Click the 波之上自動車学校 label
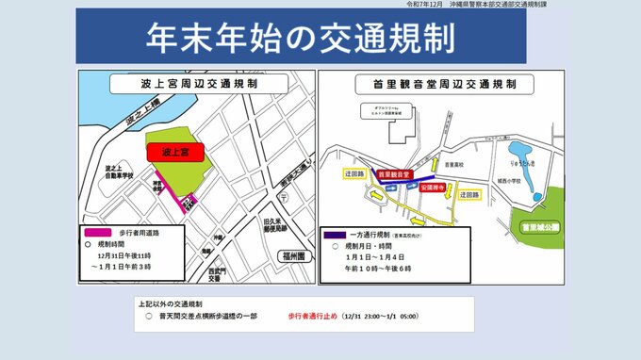click(116, 172)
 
